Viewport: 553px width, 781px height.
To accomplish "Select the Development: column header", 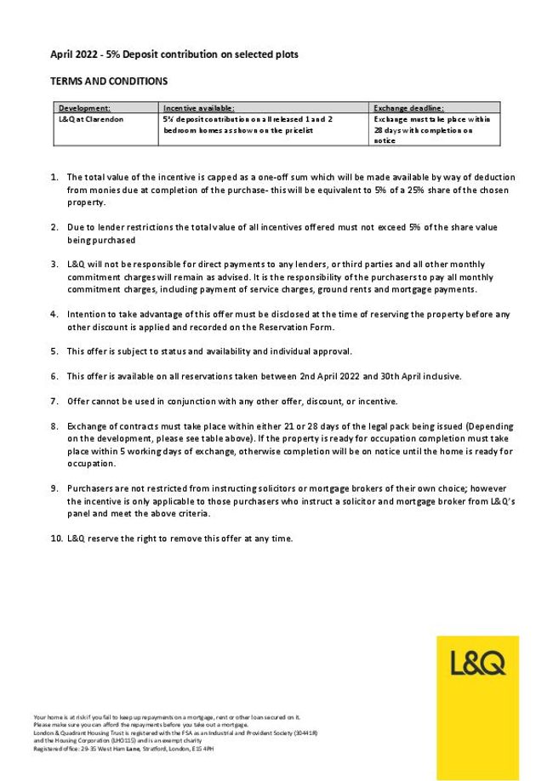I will (84, 108).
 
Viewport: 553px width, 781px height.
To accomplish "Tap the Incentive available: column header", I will (198, 108).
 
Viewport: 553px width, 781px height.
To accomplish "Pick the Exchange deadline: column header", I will (408, 108).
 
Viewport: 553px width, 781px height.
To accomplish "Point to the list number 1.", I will (55, 177).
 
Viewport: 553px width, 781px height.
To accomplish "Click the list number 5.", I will (55, 351).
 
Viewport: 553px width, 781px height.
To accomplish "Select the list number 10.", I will (56, 539).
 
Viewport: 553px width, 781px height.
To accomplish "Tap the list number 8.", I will (55, 425).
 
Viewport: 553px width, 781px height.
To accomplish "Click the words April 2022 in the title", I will (73, 54).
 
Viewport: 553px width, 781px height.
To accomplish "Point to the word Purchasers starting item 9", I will (92, 488).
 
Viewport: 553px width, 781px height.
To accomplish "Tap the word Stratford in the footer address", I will (142, 748).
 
